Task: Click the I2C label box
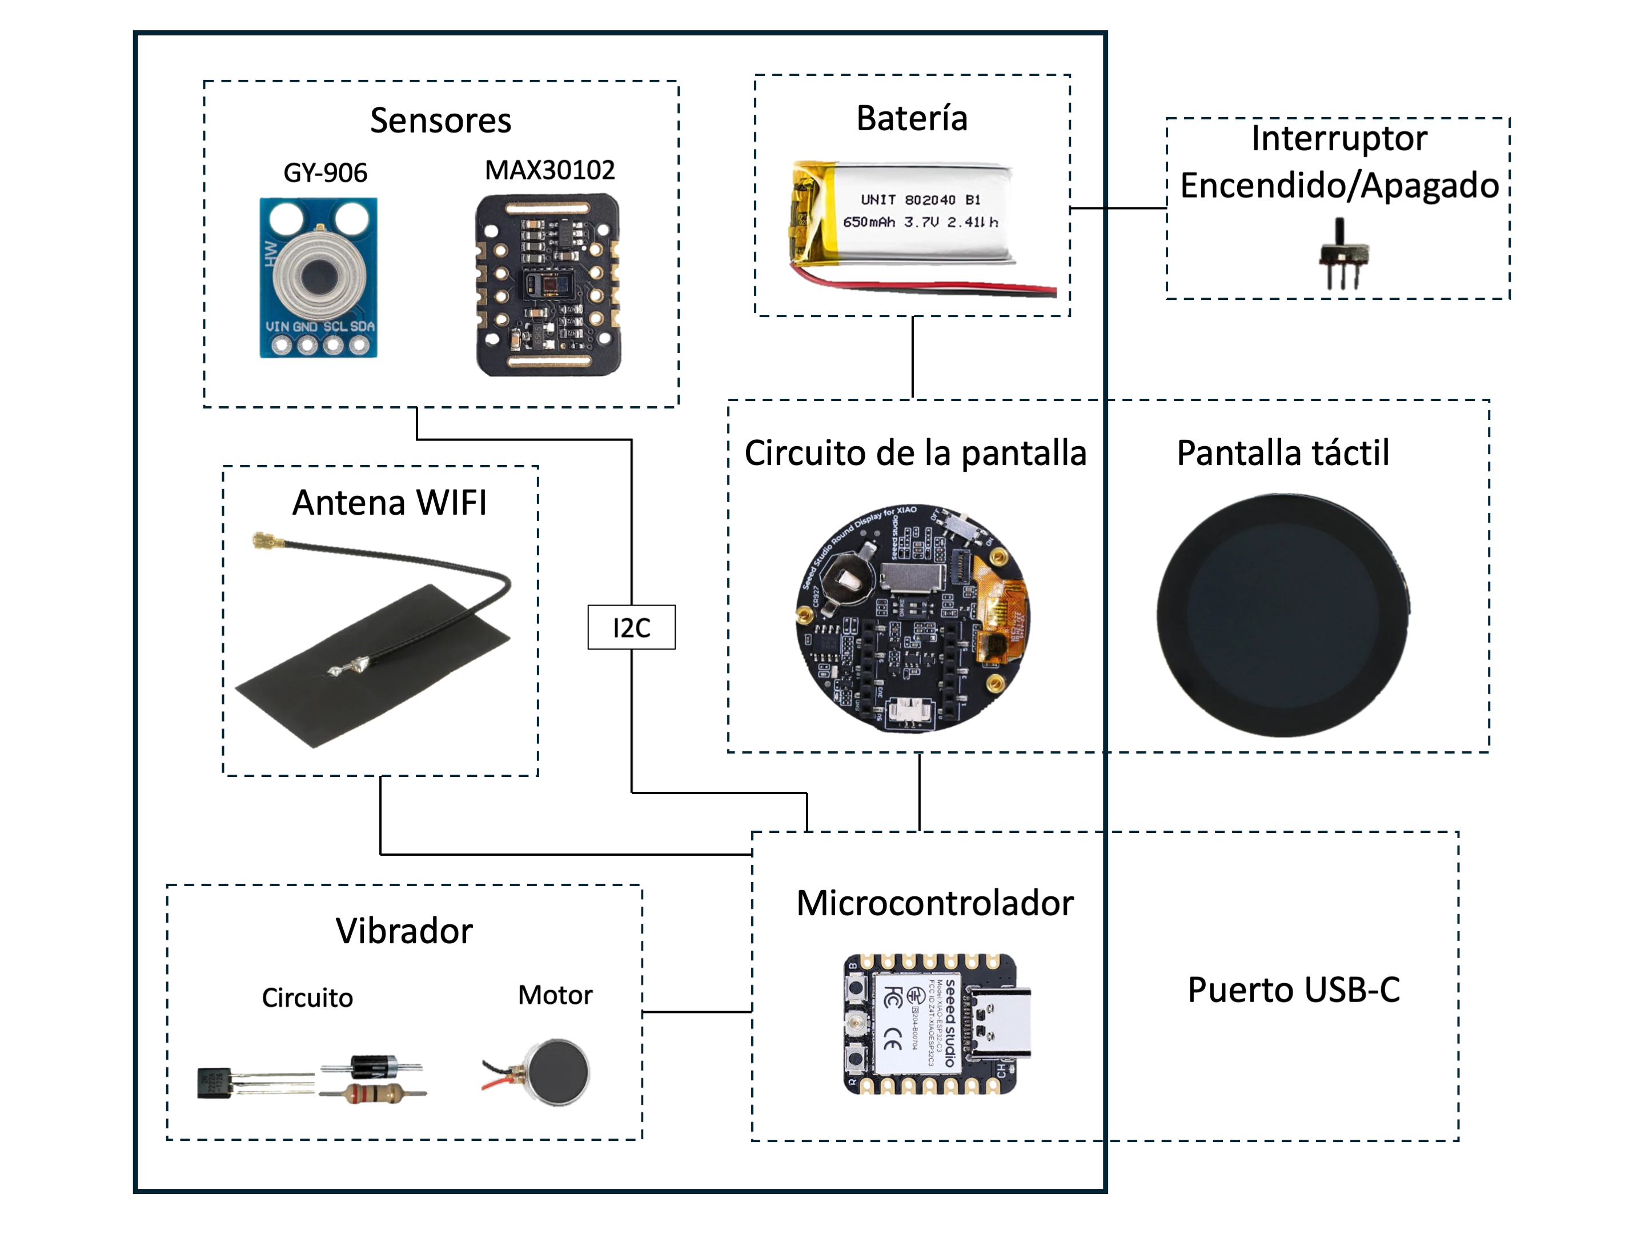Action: point(631,627)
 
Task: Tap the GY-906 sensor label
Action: point(325,173)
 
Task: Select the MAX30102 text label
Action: point(549,170)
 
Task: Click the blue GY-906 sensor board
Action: point(318,278)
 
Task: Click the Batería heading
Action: point(912,118)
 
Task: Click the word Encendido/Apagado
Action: point(1339,185)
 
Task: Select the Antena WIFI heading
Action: point(389,502)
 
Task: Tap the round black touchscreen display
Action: point(1283,615)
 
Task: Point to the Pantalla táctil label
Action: point(1283,452)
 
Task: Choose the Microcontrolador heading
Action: point(935,903)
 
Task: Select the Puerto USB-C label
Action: point(1293,989)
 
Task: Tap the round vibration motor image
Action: point(557,1072)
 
